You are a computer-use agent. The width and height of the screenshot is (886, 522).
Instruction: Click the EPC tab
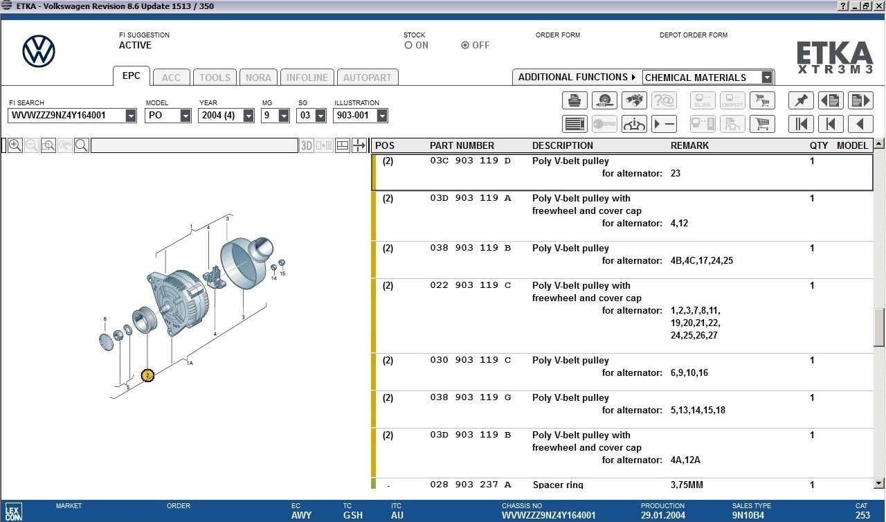pos(131,76)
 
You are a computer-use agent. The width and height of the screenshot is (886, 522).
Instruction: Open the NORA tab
pos(258,78)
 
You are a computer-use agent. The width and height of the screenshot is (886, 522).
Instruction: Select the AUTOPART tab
pos(367,78)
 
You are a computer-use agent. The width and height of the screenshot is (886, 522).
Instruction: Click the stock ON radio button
pos(408,45)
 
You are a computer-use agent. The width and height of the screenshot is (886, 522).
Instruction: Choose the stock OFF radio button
pos(465,45)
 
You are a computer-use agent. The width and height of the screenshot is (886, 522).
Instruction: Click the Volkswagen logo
pos(39,51)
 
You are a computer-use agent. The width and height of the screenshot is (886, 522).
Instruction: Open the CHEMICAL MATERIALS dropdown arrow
pos(766,78)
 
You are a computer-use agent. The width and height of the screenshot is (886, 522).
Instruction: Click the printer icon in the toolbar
pos(575,101)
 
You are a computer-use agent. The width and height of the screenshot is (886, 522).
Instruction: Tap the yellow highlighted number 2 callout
pos(147,375)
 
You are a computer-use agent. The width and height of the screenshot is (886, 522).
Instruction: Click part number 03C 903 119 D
pos(470,161)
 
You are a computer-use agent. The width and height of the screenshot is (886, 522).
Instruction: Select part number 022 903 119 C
pos(470,285)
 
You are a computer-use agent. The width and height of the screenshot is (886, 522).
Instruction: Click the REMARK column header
pos(689,145)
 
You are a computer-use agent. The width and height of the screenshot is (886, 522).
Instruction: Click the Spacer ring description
pos(558,485)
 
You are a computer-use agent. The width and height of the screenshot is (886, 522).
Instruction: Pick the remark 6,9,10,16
pos(689,372)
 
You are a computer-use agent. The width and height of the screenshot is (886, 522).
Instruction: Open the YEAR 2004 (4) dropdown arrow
pos(248,116)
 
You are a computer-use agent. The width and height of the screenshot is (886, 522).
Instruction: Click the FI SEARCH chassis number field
pos(66,116)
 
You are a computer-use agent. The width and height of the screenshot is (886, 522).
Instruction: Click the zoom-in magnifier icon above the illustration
pos(15,145)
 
